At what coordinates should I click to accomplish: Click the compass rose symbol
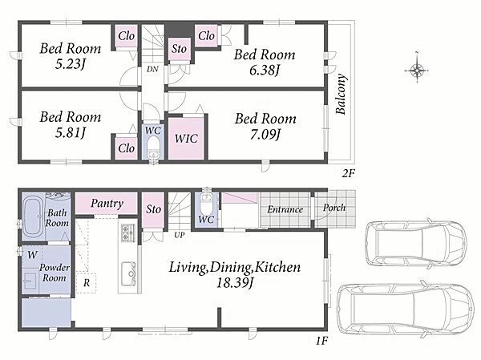[x=417, y=71]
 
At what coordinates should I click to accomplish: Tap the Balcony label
[x=342, y=94]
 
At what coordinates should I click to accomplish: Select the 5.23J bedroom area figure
[x=71, y=64]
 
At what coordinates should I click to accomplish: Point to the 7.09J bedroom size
[x=265, y=135]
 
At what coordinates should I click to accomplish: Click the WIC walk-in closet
[x=186, y=139]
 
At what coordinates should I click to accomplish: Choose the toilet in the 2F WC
[x=153, y=146]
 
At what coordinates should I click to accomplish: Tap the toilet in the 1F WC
[x=206, y=203]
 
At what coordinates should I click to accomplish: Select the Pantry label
[x=107, y=203]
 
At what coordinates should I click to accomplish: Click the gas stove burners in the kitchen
[x=128, y=233]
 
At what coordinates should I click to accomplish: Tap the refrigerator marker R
[x=87, y=283]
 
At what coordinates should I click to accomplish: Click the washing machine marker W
[x=32, y=255]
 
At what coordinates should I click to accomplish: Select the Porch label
[x=333, y=208]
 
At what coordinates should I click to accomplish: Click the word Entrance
[x=285, y=209]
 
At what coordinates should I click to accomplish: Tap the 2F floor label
[x=349, y=174]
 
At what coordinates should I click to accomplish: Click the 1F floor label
[x=322, y=341]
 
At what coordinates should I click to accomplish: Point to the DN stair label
[x=152, y=69]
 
